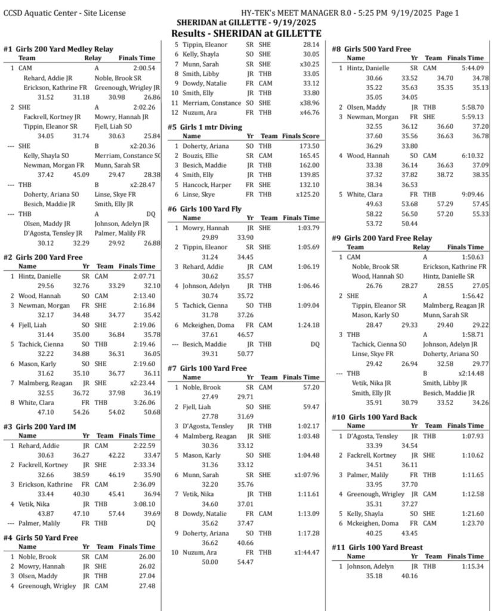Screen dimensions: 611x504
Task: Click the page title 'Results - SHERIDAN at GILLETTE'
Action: (246, 33)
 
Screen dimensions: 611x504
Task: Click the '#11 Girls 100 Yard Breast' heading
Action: (377, 547)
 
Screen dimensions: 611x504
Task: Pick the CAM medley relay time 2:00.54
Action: (144, 69)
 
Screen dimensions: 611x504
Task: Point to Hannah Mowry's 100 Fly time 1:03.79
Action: (307, 227)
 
